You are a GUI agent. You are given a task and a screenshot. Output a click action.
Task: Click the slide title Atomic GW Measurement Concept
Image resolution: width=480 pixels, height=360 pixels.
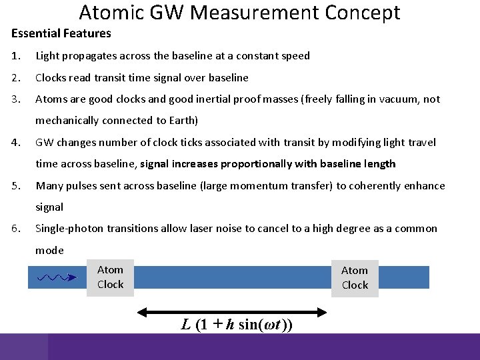239,12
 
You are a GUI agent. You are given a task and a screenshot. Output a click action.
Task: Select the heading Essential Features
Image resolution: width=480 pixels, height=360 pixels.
61,33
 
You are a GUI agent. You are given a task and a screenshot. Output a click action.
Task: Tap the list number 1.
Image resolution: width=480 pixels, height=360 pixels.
15,56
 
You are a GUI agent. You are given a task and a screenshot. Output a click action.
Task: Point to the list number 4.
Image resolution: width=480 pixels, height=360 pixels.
15,142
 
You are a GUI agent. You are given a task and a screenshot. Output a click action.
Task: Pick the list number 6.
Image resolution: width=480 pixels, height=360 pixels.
15,229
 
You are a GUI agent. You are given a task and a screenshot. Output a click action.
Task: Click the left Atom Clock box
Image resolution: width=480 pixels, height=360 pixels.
110,277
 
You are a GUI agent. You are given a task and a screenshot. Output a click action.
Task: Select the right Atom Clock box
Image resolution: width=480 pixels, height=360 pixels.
355,278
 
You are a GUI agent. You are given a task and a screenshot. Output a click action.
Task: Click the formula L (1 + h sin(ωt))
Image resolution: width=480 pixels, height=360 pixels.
237,325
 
